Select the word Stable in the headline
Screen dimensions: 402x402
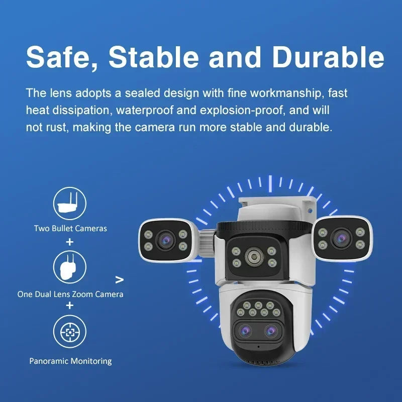click(154, 57)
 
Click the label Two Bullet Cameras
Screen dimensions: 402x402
click(70, 228)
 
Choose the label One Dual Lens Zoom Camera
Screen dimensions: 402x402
click(70, 294)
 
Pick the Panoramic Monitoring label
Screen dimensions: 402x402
click(70, 361)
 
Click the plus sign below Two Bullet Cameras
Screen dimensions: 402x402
click(70, 242)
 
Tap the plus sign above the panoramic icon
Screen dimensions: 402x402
click(70, 305)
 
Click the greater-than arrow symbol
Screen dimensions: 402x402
click(120, 279)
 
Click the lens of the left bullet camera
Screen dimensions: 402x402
click(164, 240)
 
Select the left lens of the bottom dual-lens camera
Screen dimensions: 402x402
click(246, 330)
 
